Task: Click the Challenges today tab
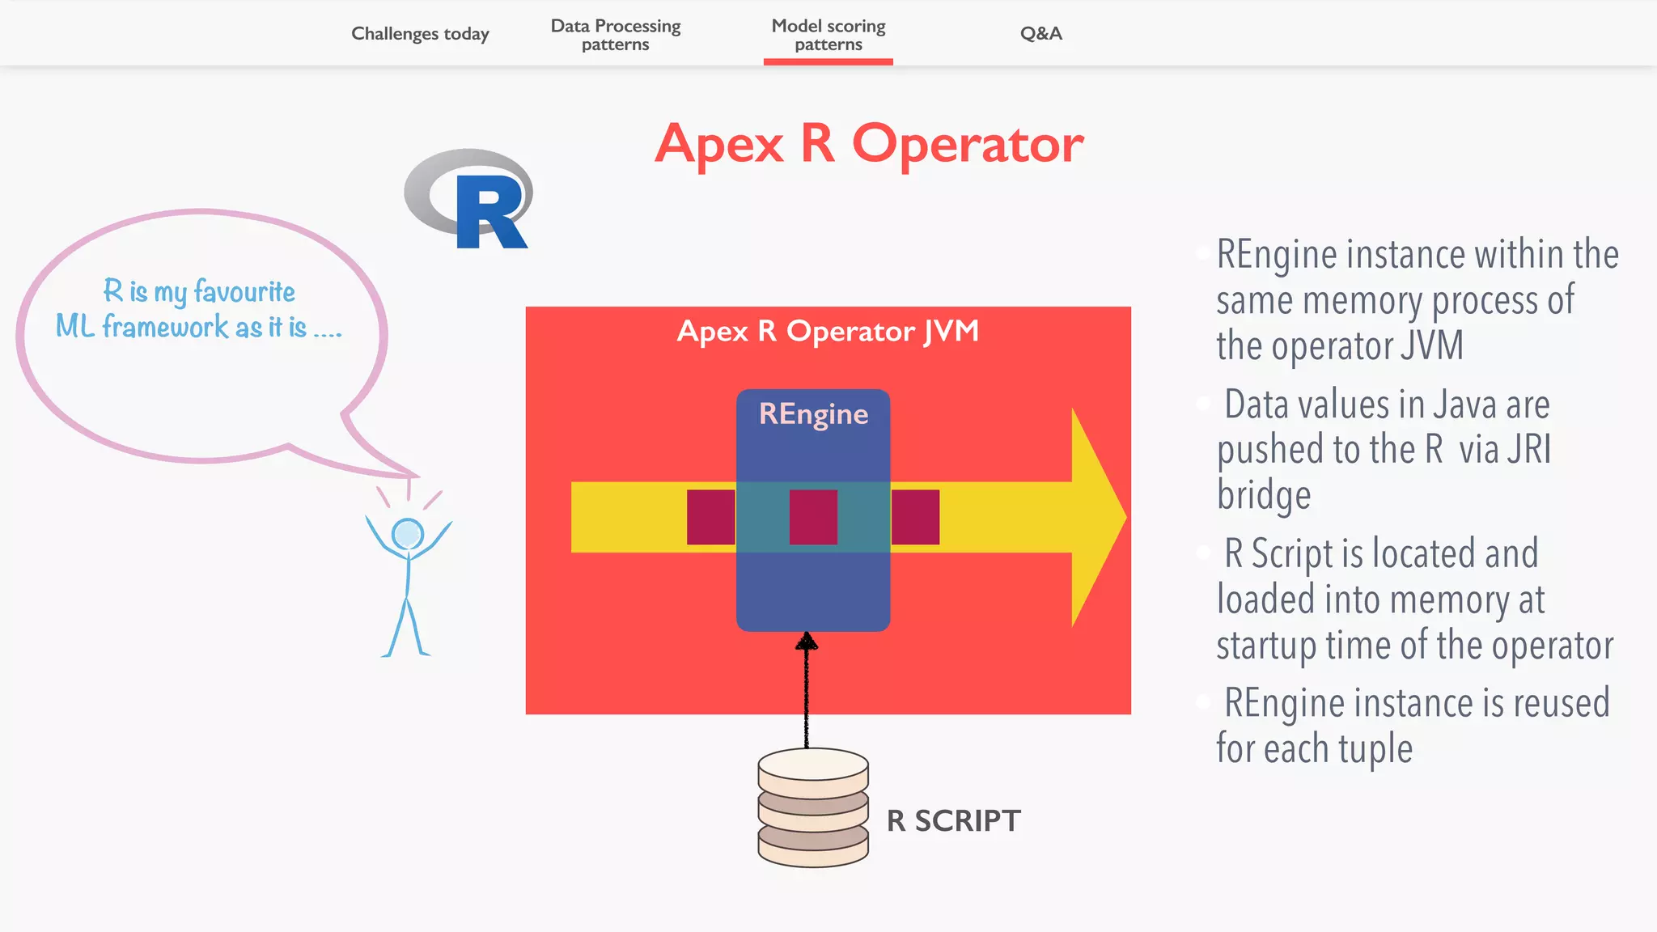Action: pos(420,34)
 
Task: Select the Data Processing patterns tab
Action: pos(615,35)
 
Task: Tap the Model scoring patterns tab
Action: pos(828,35)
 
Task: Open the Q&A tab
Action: pos(1040,34)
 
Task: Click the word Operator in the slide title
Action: pos(967,145)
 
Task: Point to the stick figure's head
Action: pos(407,534)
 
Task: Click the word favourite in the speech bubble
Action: pos(244,291)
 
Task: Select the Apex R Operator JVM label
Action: pos(828,331)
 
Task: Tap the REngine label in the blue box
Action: pos(813,414)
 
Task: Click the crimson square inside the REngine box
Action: pos(813,517)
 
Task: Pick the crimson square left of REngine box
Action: pos(710,517)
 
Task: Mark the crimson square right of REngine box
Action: pos(915,517)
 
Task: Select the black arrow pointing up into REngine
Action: pos(806,688)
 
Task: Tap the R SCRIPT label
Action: pos(953,821)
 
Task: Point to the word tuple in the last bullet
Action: pos(1375,749)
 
